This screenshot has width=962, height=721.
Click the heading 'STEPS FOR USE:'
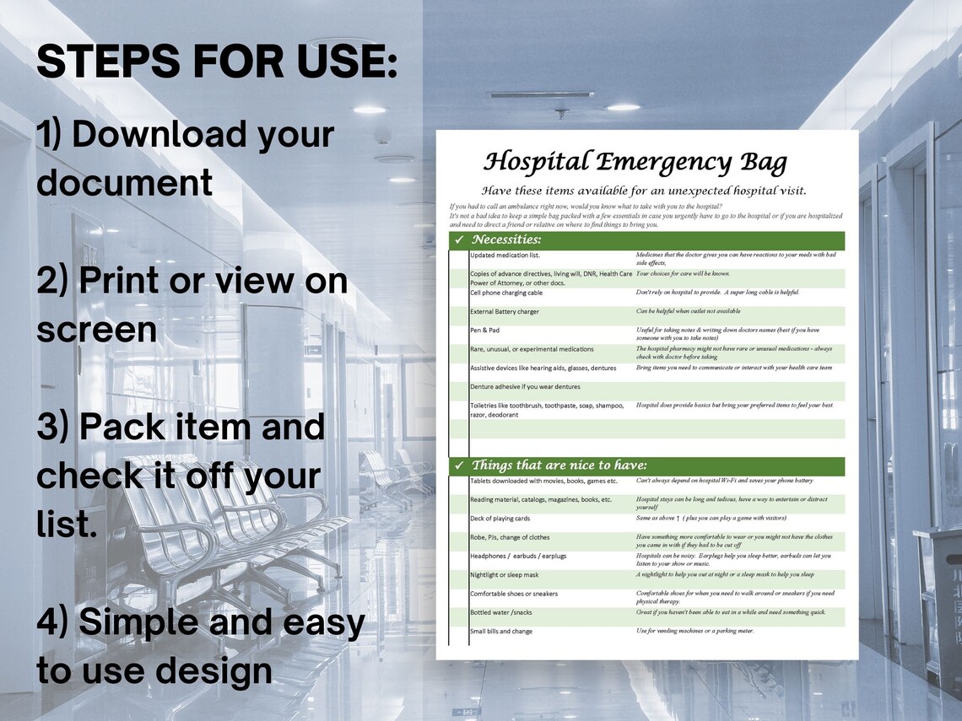pyautogui.click(x=217, y=62)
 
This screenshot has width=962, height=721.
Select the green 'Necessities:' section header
pyautogui.click(x=506, y=241)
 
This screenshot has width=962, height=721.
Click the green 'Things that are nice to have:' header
pyautogui.click(x=559, y=465)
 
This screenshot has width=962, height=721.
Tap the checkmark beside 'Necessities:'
pyautogui.click(x=459, y=241)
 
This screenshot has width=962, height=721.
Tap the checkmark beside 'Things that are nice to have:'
pyautogui.click(x=459, y=465)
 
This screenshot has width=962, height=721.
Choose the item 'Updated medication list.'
pyautogui.click(x=505, y=255)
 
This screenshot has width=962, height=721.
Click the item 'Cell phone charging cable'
pyautogui.click(x=506, y=293)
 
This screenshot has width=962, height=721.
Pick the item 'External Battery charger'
pyautogui.click(x=505, y=312)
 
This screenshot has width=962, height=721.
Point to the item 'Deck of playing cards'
pyautogui.click(x=500, y=519)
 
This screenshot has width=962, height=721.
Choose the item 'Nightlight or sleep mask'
pyautogui.click(x=505, y=574)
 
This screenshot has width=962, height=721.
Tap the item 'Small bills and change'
pyautogui.click(x=501, y=631)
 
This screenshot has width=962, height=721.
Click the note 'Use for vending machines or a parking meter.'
pyautogui.click(x=694, y=631)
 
